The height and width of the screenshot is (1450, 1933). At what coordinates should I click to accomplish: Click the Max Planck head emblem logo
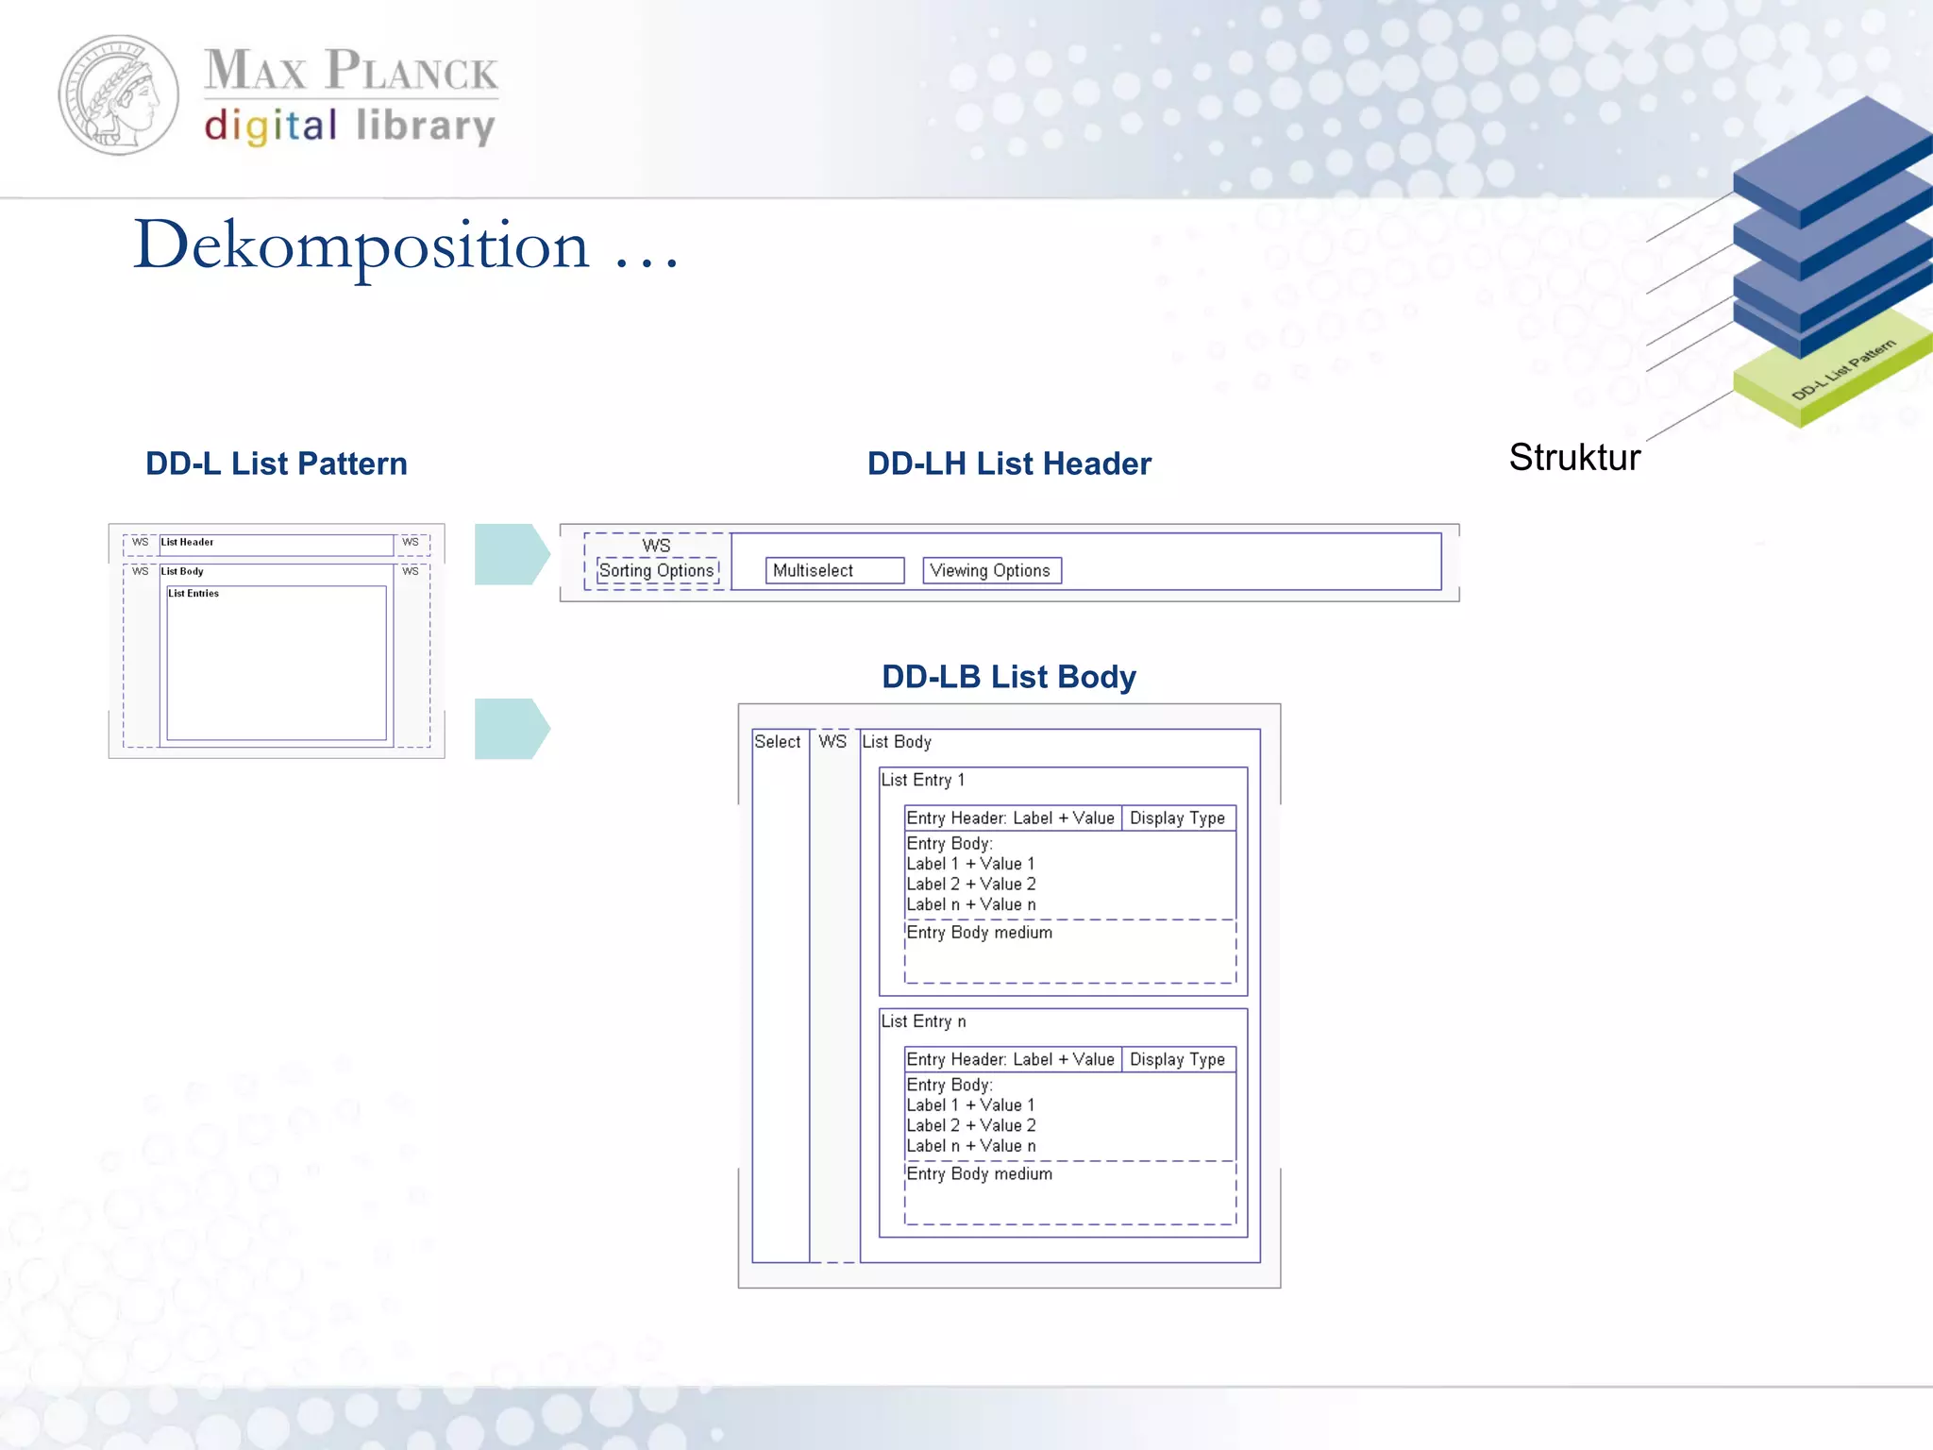119,95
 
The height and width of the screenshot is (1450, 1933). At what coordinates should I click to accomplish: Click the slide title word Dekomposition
361,245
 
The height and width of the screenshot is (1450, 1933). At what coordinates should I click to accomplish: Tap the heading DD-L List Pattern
277,464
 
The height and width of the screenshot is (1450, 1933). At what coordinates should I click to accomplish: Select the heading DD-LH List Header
1009,464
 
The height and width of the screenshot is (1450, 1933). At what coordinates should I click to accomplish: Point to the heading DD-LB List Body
1008,677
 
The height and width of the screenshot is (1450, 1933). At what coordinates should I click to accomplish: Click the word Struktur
1574,458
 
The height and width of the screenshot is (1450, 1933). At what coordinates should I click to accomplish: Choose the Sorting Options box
657,570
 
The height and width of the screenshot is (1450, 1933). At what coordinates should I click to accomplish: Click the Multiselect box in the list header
834,570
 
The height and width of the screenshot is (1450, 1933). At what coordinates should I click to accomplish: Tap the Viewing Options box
991,570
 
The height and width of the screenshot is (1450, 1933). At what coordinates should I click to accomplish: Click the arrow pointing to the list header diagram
511,554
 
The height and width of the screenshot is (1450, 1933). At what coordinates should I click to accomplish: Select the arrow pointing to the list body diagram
511,729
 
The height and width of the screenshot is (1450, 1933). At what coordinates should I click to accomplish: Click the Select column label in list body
777,742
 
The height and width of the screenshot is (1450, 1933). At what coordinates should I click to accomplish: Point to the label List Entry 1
922,780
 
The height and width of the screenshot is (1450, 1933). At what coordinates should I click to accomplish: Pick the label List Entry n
923,1021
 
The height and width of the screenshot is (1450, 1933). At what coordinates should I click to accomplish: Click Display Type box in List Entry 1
1177,818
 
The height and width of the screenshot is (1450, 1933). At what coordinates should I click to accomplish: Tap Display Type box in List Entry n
1177,1060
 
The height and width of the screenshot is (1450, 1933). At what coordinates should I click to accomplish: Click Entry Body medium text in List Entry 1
979,933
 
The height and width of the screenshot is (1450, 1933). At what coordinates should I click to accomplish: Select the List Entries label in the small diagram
193,594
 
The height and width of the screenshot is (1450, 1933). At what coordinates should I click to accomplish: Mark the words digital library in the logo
349,126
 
